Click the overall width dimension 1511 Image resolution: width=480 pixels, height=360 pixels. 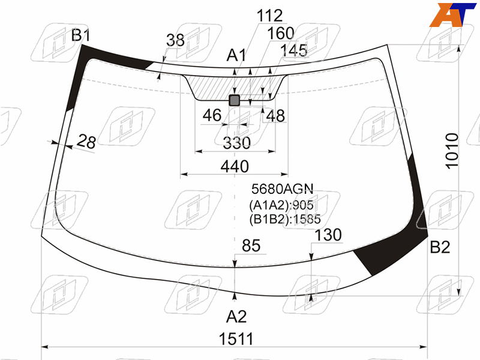click(x=236, y=339)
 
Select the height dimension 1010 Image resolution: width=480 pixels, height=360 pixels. click(x=452, y=151)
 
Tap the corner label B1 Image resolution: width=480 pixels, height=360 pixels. click(x=81, y=35)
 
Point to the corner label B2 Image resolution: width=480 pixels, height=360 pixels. click(x=440, y=247)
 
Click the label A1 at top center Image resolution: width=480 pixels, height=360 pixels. click(x=236, y=55)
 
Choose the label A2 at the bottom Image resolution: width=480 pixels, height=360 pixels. click(x=236, y=316)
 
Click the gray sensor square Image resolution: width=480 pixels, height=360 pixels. click(x=235, y=100)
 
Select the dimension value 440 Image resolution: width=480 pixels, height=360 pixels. click(x=235, y=166)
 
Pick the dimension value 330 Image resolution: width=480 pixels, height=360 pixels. click(x=236, y=143)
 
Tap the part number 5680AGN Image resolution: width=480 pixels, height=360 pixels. click(x=282, y=189)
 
